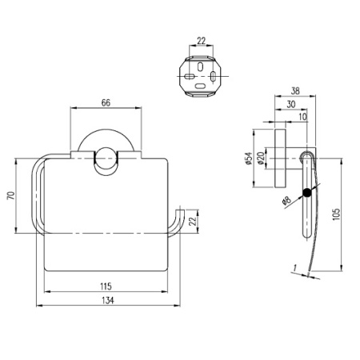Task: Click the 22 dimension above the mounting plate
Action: click(198, 40)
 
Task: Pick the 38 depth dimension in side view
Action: click(296, 90)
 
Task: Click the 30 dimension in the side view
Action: click(290, 104)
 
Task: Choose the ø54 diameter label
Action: click(249, 159)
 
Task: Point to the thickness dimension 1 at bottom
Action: click(294, 266)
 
